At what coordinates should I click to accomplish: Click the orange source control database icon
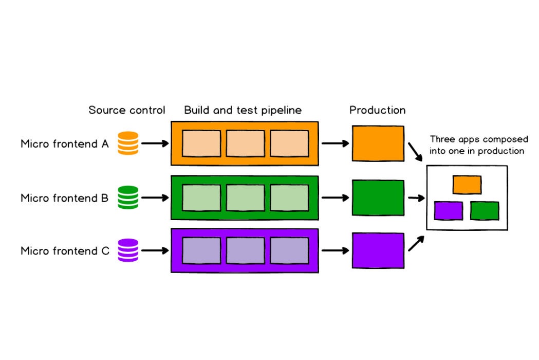click(128, 143)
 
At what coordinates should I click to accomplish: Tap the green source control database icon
click(128, 197)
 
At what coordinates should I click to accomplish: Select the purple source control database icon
click(128, 250)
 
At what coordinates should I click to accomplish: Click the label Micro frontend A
click(65, 144)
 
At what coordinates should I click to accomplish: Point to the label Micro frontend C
click(65, 251)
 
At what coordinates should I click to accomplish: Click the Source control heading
click(127, 110)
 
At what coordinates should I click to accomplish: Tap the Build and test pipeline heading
click(243, 110)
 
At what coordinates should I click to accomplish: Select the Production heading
click(378, 110)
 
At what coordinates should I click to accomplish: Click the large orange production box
click(378, 143)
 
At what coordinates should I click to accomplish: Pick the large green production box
click(378, 198)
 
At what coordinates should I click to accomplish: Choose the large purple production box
click(378, 250)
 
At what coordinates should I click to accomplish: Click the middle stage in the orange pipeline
click(246, 143)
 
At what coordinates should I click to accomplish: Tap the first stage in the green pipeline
click(201, 198)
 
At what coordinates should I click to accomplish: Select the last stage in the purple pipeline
click(289, 250)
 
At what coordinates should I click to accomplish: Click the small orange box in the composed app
click(467, 185)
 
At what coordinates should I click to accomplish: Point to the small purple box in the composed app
click(448, 211)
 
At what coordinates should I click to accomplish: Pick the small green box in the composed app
click(485, 211)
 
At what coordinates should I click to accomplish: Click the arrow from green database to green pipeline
click(155, 198)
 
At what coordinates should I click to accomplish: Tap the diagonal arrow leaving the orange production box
click(415, 152)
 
